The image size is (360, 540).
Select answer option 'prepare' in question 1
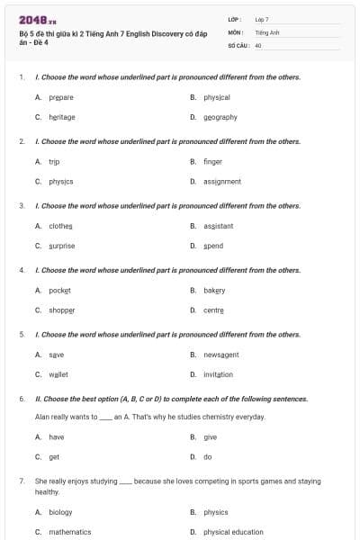tap(61, 97)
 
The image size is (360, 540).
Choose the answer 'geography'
tap(220, 117)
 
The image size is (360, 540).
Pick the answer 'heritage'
tap(62, 117)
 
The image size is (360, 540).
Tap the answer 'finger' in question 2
tap(212, 161)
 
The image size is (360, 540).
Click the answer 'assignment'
tap(221, 181)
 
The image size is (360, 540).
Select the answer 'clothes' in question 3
tap(60, 226)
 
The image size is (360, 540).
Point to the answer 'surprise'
tap(62, 246)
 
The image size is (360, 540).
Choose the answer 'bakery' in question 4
tap(214, 290)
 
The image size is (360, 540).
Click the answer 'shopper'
tap(62, 310)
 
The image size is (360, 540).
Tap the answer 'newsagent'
tap(220, 355)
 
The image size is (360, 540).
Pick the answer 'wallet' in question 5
tap(58, 374)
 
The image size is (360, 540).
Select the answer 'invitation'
tap(218, 374)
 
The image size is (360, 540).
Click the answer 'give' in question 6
tap(210, 437)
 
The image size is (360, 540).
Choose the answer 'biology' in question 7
tap(60, 512)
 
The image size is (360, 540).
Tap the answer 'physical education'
tap(233, 532)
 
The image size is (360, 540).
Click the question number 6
tap(22, 399)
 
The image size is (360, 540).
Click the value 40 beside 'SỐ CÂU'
tap(258, 44)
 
